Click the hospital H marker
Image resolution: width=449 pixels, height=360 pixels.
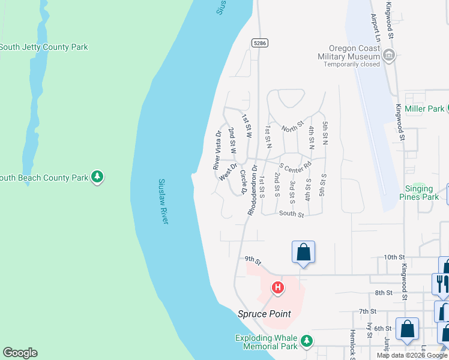277,289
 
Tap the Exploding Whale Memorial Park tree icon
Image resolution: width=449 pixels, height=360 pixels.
307,341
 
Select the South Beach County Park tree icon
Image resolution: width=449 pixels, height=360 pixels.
97,177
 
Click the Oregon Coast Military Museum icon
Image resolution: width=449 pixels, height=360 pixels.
390,56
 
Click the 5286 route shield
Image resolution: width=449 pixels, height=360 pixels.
259,43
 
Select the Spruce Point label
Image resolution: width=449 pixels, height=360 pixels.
264,314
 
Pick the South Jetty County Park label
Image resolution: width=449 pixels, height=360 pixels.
43,47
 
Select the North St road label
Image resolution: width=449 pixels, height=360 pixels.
292,127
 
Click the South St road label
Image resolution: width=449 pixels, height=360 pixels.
292,214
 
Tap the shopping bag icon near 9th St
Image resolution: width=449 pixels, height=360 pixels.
303,251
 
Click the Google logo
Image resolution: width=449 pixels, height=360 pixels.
20,353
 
